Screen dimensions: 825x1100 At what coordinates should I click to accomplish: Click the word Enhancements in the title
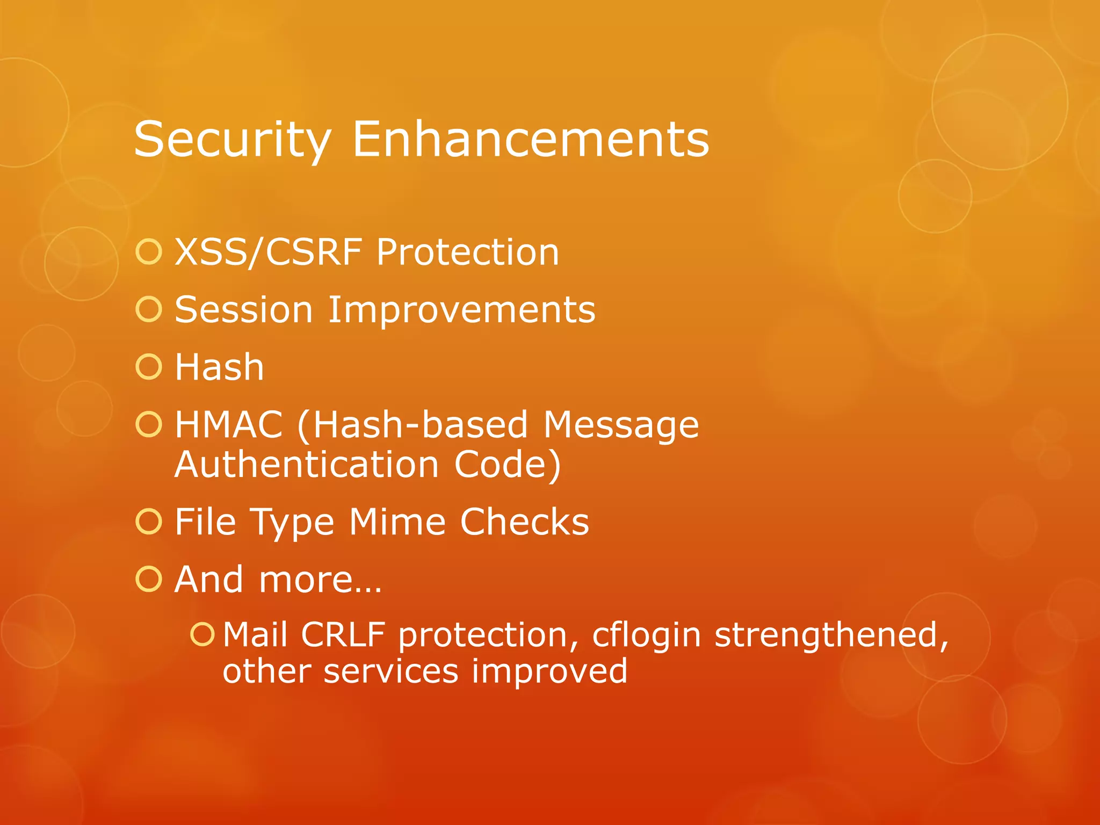[530, 140]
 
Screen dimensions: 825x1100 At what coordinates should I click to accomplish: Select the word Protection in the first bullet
[467, 252]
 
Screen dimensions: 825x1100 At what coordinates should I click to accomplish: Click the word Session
[244, 310]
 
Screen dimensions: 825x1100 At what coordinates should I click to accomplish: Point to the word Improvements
[461, 310]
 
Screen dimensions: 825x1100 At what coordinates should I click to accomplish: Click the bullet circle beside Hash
[149, 367]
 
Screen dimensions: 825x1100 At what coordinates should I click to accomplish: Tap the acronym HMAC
[229, 425]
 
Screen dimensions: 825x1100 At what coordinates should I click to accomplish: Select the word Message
[621, 425]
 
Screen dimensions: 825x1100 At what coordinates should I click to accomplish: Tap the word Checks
[524, 522]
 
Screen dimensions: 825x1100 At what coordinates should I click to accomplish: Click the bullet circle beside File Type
[149, 522]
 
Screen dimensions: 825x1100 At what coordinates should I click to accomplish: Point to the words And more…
[278, 580]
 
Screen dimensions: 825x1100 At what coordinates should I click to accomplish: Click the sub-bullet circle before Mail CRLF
[202, 634]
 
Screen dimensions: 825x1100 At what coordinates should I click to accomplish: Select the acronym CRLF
[343, 635]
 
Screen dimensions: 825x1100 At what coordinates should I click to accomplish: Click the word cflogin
[646, 635]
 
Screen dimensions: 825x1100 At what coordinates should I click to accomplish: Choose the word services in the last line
[390, 671]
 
